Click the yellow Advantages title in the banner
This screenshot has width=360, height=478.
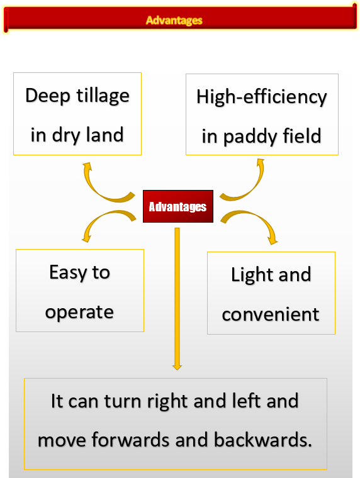point(174,20)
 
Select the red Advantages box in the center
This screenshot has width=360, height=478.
point(178,206)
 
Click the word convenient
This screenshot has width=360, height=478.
point(270,314)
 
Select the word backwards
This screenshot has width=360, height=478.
point(262,440)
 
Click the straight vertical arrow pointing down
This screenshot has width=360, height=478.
point(177,299)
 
